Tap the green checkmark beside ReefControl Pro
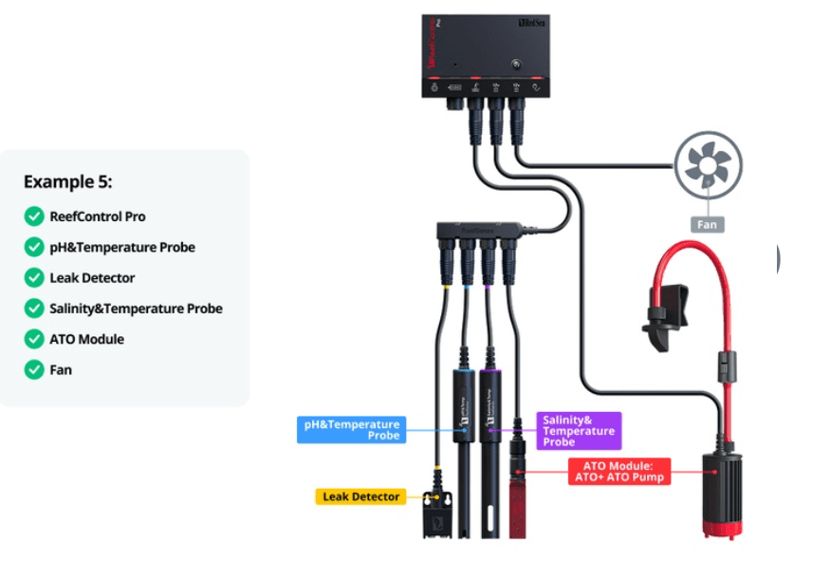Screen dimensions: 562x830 click(x=34, y=216)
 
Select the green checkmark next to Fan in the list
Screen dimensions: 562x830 click(x=34, y=369)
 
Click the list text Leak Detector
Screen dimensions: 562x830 click(x=92, y=278)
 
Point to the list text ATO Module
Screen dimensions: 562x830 click(x=86, y=339)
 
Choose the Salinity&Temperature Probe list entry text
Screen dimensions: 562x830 click(x=136, y=309)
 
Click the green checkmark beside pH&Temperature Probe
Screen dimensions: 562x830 click(x=34, y=247)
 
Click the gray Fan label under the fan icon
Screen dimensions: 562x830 click(x=708, y=225)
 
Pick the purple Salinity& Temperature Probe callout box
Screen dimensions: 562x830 click(x=579, y=430)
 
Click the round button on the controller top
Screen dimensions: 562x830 click(x=515, y=66)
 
